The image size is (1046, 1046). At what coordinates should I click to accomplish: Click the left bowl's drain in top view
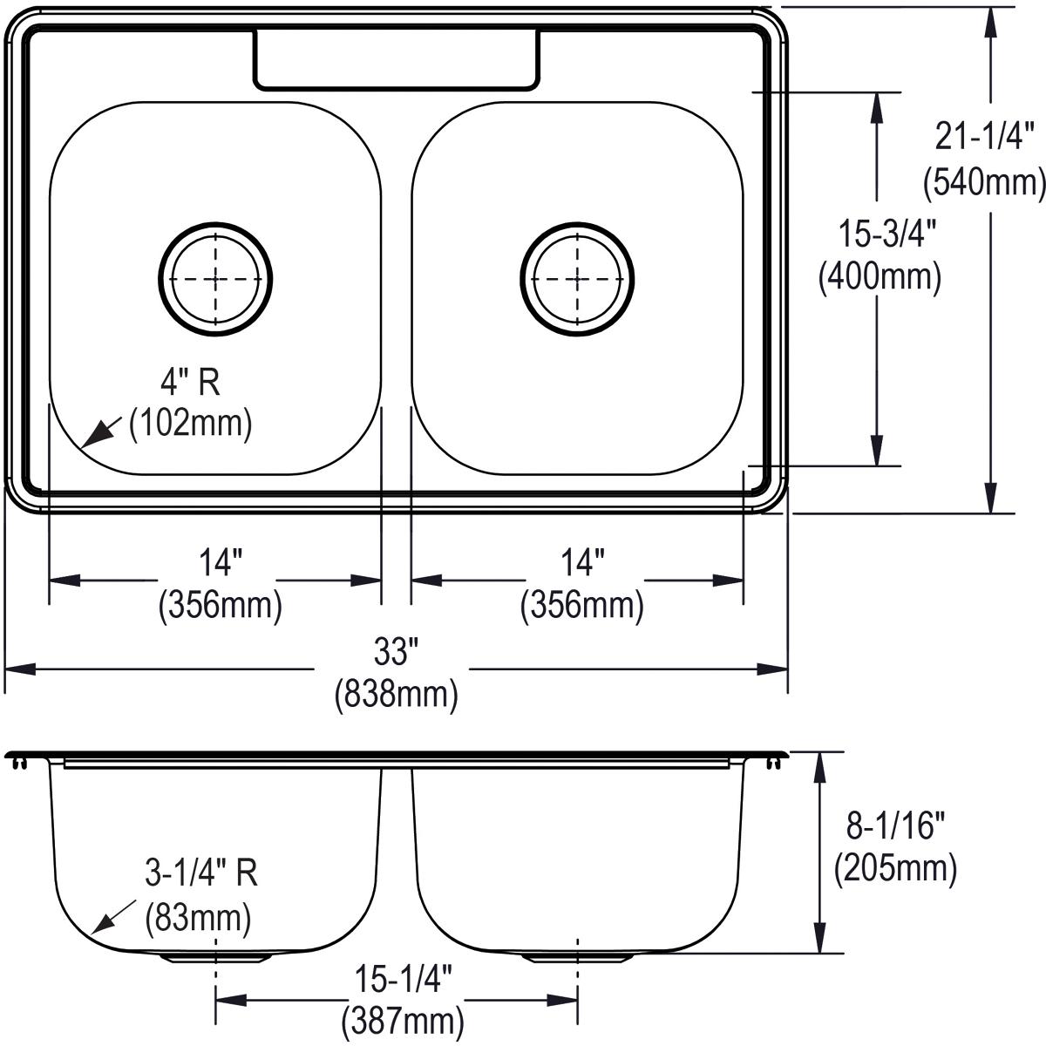(x=215, y=278)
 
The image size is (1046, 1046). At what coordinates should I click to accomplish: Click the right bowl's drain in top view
(x=578, y=278)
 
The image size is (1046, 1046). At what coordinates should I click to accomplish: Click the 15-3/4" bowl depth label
(x=880, y=234)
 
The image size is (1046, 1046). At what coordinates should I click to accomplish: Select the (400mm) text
(x=880, y=277)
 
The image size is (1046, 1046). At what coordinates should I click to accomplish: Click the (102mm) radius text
(x=190, y=424)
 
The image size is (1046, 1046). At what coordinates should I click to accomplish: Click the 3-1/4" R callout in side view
(x=201, y=873)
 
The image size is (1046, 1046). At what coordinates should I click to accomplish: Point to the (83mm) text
(x=198, y=917)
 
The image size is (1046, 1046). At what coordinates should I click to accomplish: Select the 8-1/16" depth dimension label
(x=895, y=824)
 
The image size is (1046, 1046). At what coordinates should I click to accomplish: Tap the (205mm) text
(x=895, y=867)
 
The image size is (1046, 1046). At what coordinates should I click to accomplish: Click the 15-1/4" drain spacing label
(x=403, y=980)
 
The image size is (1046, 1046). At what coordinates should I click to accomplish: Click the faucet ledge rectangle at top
(x=395, y=59)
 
